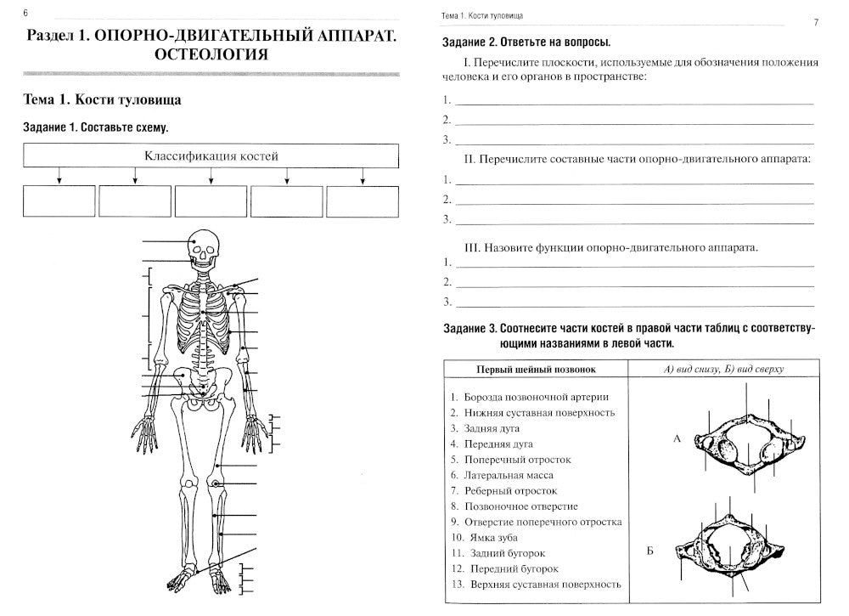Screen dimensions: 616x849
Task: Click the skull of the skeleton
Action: [203, 248]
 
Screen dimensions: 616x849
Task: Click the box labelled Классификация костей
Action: [211, 156]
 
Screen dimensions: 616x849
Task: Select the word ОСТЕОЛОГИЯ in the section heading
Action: [211, 55]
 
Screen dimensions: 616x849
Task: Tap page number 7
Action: [815, 23]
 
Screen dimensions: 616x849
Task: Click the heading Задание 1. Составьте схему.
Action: [96, 127]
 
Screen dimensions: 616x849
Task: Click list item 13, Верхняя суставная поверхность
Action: [535, 584]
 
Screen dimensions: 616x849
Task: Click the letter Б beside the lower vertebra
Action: [650, 552]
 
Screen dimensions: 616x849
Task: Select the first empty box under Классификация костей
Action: [59, 201]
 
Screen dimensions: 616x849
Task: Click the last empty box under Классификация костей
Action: [363, 201]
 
